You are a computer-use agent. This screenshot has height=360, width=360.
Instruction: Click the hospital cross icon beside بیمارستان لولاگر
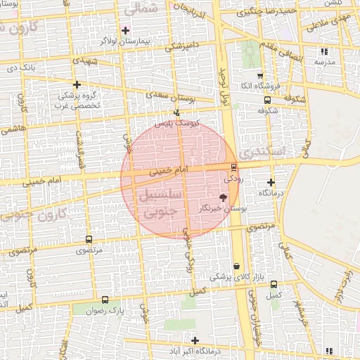point(125,30)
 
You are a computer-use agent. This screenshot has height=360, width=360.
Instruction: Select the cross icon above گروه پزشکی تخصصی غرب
point(76,84)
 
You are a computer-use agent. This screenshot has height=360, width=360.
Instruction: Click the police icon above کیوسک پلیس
point(176,112)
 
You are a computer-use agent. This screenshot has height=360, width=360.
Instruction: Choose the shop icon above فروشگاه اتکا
point(259,75)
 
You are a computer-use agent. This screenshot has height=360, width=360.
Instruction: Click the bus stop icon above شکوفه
point(266,100)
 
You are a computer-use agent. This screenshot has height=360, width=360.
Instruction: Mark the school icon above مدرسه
point(324,51)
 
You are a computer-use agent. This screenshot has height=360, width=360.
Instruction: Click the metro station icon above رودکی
point(233,167)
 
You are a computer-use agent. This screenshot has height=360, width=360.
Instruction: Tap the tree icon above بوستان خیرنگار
point(224,198)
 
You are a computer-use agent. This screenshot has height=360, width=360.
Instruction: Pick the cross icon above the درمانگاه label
point(271,182)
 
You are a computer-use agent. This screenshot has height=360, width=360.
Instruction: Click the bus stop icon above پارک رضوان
point(105,300)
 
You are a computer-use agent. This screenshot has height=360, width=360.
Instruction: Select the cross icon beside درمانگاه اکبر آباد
point(195,340)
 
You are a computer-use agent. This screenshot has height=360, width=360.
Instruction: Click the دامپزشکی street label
point(181,47)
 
